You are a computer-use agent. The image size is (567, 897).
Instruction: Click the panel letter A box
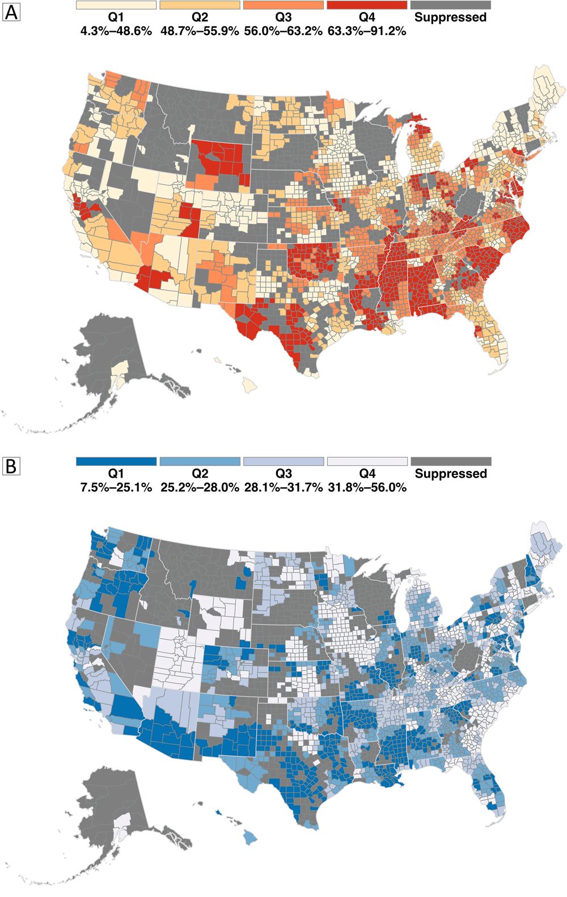click(x=11, y=12)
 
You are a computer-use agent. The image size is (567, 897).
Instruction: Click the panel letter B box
click(x=11, y=467)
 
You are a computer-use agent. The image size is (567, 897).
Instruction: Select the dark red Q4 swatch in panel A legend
click(x=367, y=5)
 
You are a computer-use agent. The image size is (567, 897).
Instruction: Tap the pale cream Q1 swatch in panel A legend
click(x=116, y=5)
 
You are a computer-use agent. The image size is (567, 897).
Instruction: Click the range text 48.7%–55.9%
click(x=200, y=31)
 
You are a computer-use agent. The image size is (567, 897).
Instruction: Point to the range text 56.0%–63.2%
click(x=283, y=31)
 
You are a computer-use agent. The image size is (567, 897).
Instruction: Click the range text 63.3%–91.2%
click(x=367, y=31)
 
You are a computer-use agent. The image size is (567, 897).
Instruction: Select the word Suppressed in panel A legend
click(x=450, y=18)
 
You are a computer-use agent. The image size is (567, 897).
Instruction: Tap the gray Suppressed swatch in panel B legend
click(x=451, y=461)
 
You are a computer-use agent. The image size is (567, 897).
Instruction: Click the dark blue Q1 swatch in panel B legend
click(x=116, y=461)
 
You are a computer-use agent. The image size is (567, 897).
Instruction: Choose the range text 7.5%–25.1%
click(x=116, y=487)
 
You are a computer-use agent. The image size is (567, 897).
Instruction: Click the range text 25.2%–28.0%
click(x=200, y=487)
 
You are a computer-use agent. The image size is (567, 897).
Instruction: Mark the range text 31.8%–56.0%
click(x=367, y=487)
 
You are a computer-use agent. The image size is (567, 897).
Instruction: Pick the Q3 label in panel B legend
click(x=283, y=474)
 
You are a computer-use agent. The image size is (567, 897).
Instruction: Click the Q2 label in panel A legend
click(x=200, y=18)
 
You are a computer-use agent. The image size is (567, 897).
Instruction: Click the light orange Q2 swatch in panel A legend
click(x=200, y=5)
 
